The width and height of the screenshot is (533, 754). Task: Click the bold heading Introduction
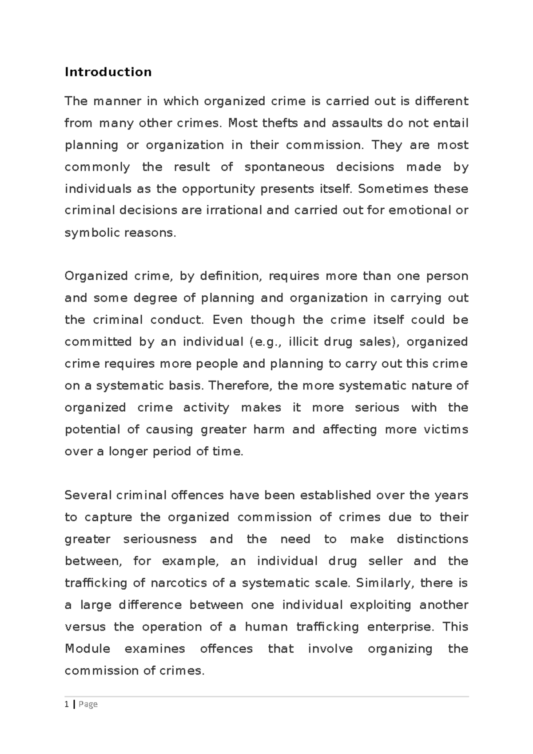pos(108,72)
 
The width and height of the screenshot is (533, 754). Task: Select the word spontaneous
pos(284,167)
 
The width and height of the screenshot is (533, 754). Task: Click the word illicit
pos(303,342)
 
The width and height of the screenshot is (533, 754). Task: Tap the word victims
pos(445,429)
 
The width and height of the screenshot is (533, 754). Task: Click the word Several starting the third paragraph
pos(88,495)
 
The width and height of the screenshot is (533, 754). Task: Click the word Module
pos(87,649)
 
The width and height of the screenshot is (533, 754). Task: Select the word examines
pos(155,649)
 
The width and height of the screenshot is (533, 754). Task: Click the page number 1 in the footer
pos(67,704)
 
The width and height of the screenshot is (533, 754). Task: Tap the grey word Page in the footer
pos(88,704)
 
